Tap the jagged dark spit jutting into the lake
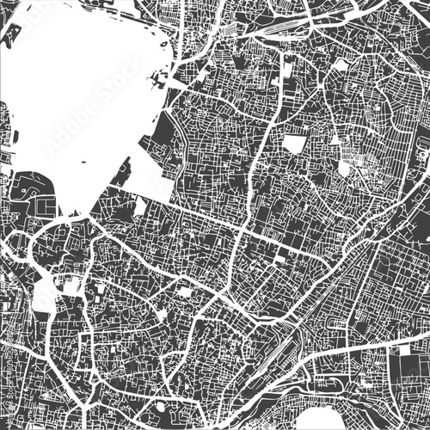[157, 83]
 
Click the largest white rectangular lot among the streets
[294, 144]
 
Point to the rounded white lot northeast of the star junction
[341, 65]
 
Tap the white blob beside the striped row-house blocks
[344, 169]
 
